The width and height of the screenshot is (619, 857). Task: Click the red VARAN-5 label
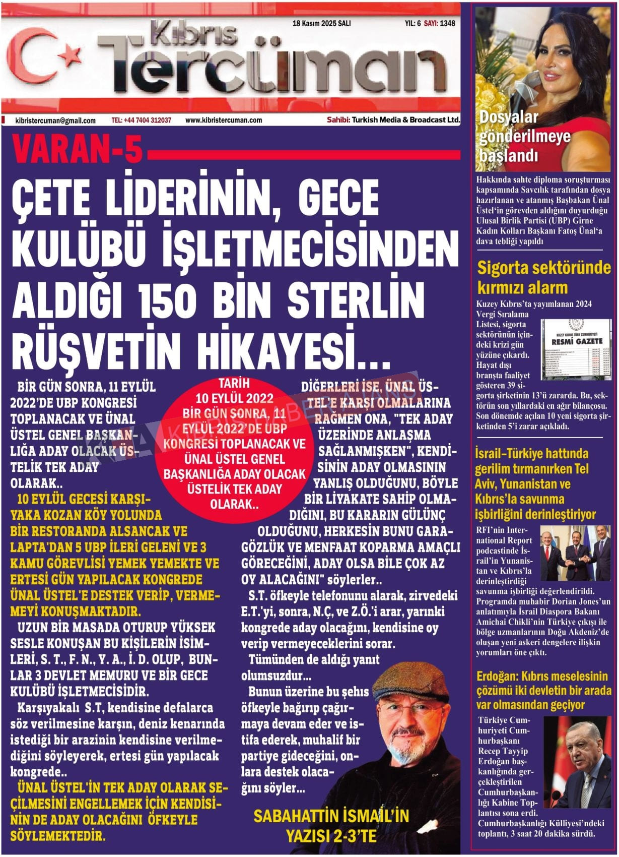coord(77,150)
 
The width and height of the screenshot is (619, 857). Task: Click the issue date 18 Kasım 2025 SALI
coord(321,24)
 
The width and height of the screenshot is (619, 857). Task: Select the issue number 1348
coord(447,24)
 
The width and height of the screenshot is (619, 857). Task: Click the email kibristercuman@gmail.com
coord(55,120)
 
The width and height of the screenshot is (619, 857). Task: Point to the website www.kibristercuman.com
coord(224,120)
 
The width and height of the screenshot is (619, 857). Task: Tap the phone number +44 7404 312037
coord(141,120)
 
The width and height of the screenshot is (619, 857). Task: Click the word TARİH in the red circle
coord(234,383)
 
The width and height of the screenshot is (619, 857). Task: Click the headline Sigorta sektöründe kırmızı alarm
coord(543,277)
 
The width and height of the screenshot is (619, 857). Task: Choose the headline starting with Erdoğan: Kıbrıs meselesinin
coord(543,690)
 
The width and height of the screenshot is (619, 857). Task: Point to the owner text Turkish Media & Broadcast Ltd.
coord(406,120)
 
